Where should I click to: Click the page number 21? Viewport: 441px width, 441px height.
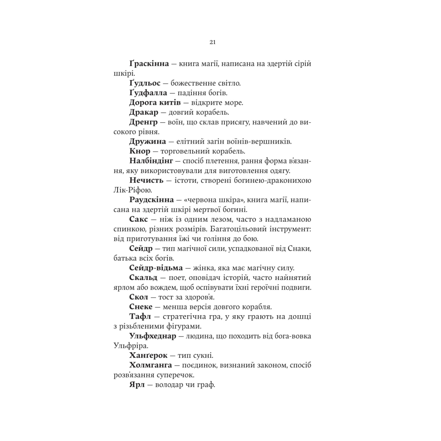(x=212, y=42)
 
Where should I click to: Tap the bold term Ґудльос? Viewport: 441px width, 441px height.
(x=145, y=83)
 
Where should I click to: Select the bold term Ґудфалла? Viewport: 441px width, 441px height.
(x=147, y=93)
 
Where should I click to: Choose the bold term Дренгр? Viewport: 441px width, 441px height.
(x=143, y=122)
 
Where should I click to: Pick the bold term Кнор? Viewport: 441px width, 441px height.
(x=140, y=151)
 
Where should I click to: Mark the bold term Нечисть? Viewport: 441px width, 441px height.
(x=147, y=180)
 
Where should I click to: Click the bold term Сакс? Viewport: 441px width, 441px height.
(x=139, y=219)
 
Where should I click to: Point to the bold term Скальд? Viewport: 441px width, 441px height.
(x=142, y=278)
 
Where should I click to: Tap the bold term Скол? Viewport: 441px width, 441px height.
(x=138, y=297)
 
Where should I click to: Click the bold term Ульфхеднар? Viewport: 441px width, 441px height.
(x=153, y=336)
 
